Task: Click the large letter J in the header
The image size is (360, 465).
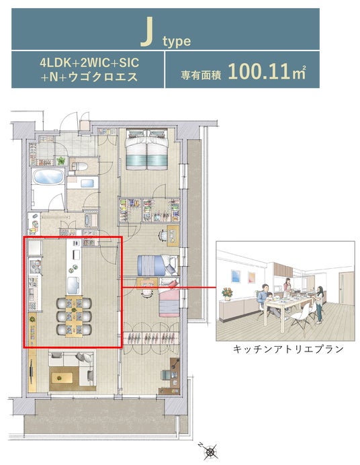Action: (x=147, y=32)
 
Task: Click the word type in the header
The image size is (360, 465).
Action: (x=177, y=41)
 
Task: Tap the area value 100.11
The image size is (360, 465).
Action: (x=259, y=71)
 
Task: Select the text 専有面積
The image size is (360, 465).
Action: (x=201, y=75)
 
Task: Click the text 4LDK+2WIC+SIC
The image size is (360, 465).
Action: (x=89, y=63)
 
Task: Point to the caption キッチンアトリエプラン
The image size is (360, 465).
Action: (x=288, y=349)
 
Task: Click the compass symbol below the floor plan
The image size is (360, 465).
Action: (x=209, y=452)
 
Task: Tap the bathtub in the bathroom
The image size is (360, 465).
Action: (x=48, y=177)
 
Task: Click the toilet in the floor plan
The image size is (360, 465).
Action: (x=79, y=166)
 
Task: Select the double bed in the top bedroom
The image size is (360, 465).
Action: (x=146, y=149)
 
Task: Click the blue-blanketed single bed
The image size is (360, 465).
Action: (x=158, y=265)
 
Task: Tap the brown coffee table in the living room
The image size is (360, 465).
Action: (x=62, y=378)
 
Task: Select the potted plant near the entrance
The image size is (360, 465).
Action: (x=60, y=161)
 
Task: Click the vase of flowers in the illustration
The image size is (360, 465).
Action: (x=227, y=294)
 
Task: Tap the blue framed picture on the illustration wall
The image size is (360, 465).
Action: (x=236, y=276)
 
